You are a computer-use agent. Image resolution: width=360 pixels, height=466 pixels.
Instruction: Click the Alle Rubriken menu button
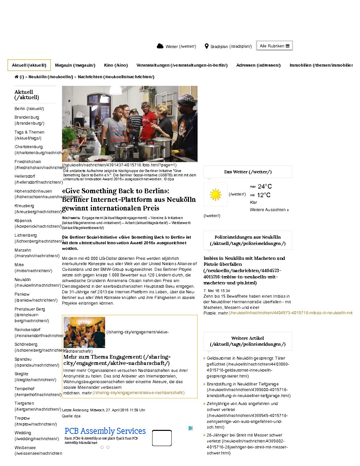[x=274, y=46]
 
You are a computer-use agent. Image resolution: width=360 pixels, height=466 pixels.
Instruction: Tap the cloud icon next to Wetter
[x=160, y=46]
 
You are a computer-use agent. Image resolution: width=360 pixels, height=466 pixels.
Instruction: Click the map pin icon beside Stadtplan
[x=207, y=46]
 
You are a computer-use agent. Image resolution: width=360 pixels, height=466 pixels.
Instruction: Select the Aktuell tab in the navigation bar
[x=29, y=65]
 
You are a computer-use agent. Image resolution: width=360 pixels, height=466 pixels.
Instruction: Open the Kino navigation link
[x=116, y=65]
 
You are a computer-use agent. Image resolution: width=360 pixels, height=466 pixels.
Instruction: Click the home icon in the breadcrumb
[x=17, y=77]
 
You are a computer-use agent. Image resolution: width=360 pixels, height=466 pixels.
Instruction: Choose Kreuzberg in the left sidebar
[x=24, y=206]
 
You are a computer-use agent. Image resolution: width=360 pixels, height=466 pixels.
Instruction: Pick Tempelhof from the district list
[x=25, y=388]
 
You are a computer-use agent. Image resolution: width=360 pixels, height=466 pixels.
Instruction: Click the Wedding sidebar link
[x=23, y=433]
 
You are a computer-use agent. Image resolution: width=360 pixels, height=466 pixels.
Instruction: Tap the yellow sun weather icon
[x=215, y=195]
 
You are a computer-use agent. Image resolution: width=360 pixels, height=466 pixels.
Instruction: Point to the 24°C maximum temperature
[x=265, y=187]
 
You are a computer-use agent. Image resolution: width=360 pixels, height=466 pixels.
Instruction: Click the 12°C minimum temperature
[x=264, y=195]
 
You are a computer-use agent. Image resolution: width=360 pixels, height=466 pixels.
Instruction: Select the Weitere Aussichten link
[x=269, y=210]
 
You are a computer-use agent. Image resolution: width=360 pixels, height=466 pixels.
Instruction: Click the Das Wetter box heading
[x=248, y=172]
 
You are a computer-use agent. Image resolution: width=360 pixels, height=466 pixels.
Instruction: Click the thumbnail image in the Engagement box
[x=84, y=332]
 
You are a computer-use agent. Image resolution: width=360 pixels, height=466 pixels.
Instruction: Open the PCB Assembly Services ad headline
[x=105, y=431]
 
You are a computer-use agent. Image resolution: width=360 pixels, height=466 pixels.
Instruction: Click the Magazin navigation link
[x=75, y=65]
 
